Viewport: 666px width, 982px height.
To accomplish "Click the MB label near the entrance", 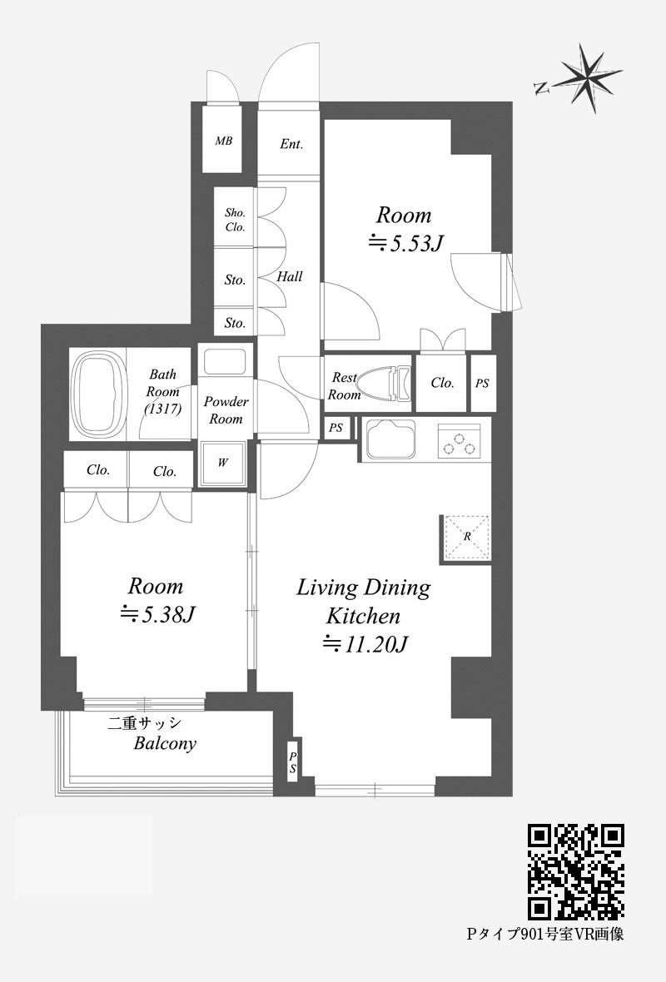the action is (x=224, y=141).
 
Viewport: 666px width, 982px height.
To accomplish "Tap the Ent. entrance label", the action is (x=291, y=144).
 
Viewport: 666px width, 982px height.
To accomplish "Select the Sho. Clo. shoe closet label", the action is (x=235, y=220).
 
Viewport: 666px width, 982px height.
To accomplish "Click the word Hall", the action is (x=290, y=276).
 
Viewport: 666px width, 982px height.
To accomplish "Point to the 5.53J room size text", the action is (x=405, y=242).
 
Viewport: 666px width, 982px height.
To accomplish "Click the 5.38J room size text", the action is (x=158, y=614).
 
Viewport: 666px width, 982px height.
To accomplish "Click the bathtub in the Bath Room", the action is (x=100, y=394).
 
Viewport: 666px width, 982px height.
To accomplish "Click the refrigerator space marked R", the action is (x=466, y=537).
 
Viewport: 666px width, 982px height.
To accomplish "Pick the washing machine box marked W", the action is (x=222, y=464).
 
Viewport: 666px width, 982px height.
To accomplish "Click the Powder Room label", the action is (x=226, y=410).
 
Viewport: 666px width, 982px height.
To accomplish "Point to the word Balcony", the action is (x=165, y=744).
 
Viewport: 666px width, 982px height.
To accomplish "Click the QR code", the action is (x=576, y=872).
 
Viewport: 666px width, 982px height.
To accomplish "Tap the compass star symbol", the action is (x=589, y=77).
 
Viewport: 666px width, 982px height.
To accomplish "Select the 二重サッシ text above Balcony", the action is (x=145, y=723).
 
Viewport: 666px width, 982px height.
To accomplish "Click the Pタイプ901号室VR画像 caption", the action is (x=545, y=935).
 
